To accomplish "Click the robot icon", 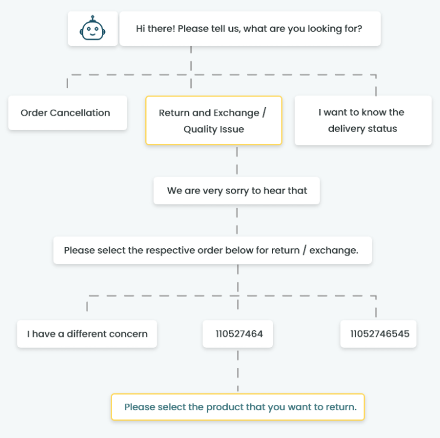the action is (x=93, y=28).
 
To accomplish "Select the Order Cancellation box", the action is (x=68, y=113).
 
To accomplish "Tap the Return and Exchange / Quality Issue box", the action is (x=214, y=120).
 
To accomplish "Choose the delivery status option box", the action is (x=363, y=120).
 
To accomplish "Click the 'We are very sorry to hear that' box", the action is (x=236, y=190).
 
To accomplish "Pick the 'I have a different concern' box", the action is (x=87, y=334).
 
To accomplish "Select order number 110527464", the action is (x=237, y=334).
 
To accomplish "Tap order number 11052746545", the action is (x=379, y=334).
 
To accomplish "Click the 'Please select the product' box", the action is (x=237, y=407).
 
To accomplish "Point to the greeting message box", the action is (x=250, y=28).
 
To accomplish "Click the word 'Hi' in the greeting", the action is (x=140, y=28).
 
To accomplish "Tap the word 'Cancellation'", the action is (x=80, y=113).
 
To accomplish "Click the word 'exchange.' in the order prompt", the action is (x=334, y=251).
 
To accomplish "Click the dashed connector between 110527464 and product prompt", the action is (x=237, y=371).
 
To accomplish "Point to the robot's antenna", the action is (x=93, y=19).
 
